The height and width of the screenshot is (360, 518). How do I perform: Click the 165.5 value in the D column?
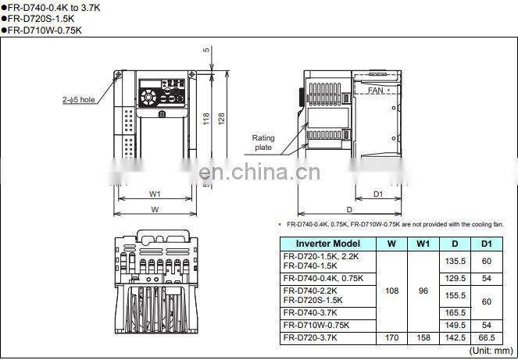pos(455,312)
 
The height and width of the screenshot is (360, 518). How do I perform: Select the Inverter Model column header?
pos(327,244)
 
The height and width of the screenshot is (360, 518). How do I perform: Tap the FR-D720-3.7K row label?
pos(310,337)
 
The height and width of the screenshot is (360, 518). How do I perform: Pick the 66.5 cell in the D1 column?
pos(487,337)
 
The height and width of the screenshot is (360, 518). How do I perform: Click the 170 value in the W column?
pos(391,337)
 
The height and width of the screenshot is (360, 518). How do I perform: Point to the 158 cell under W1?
pos(423,337)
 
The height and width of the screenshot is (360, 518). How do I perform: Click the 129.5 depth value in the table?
pos(455,278)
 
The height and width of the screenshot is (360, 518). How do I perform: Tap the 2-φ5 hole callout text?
pos(79,99)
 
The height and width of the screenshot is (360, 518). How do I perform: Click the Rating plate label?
pos(263,143)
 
